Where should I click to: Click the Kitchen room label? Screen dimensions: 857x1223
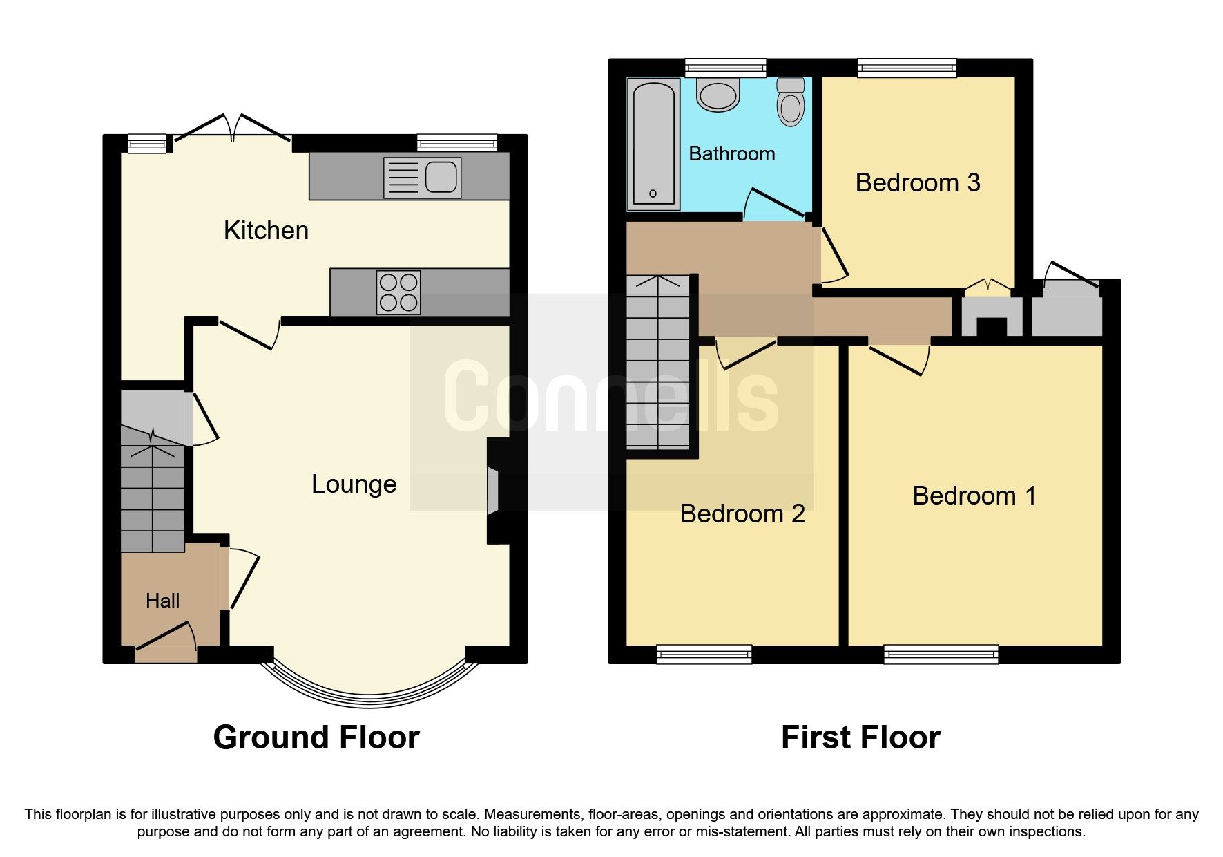[266, 230]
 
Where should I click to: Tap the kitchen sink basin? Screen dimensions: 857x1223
[441, 177]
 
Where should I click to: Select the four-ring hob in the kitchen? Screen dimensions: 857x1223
[398, 292]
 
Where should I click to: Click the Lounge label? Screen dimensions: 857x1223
[354, 484]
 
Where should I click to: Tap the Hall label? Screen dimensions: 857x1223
[162, 601]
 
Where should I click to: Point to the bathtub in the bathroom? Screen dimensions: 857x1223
[653, 145]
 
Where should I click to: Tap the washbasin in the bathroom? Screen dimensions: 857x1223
[718, 95]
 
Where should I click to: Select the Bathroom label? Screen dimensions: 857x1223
[732, 153]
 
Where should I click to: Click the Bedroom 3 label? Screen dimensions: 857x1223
[917, 183]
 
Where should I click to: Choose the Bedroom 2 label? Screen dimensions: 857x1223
[742, 514]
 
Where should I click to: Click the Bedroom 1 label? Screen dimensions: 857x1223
[974, 496]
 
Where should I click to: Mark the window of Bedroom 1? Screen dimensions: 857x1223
[941, 654]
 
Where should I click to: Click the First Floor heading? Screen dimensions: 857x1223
[860, 737]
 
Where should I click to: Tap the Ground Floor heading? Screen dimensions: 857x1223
[316, 737]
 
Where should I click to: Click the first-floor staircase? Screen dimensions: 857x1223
[658, 363]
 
